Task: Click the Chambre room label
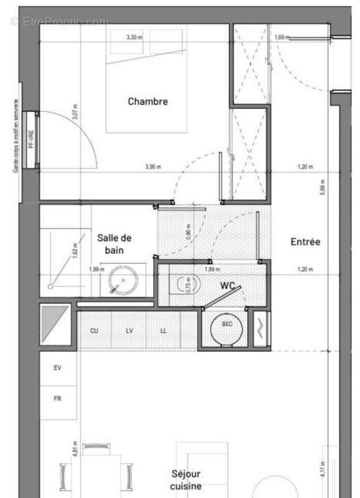(148, 101)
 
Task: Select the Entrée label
(305, 242)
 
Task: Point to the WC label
(226, 285)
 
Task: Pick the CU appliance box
(94, 330)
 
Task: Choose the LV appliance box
(129, 330)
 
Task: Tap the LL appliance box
(163, 330)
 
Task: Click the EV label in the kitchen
(57, 369)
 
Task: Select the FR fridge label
(57, 396)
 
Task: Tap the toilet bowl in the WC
(184, 285)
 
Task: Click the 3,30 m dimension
(134, 37)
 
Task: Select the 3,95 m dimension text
(153, 167)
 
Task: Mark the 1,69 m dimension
(282, 38)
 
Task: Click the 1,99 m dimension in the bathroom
(97, 270)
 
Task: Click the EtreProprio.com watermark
(60, 21)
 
